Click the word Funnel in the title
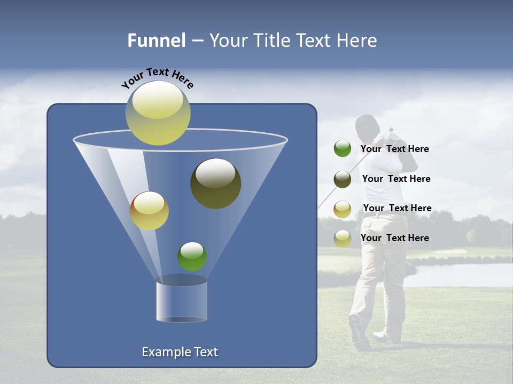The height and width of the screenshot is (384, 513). click(157, 41)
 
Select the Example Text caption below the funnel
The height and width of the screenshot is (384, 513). click(180, 352)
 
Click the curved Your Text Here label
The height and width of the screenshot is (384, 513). click(158, 78)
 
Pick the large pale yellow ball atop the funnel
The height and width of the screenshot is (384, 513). click(158, 113)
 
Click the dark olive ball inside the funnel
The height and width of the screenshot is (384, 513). click(215, 183)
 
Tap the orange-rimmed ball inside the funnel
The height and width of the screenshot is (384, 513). click(149, 211)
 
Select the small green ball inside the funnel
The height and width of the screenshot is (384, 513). click(192, 256)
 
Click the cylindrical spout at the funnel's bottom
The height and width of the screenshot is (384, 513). click(182, 300)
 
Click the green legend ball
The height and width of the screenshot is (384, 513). click(343, 149)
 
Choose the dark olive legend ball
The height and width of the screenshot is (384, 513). click(343, 179)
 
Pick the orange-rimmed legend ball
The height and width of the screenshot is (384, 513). click(343, 209)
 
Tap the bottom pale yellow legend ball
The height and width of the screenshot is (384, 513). click(343, 238)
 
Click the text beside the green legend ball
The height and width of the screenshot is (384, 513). click(394, 149)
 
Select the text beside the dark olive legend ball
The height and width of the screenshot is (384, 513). click(396, 179)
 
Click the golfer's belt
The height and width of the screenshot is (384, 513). click(385, 213)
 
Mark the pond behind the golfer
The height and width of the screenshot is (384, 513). click(460, 275)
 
